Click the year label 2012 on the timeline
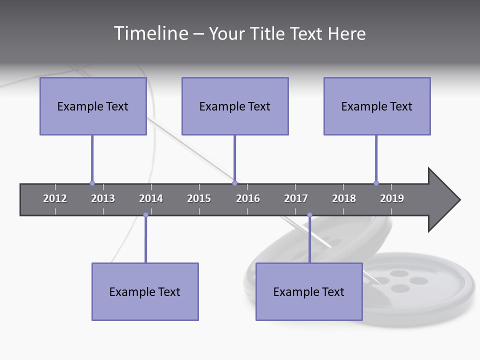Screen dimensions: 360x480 coord(55,198)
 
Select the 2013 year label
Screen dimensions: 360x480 coord(103,198)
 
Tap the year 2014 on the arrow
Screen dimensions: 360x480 coord(151,198)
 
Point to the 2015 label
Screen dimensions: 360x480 coord(199,198)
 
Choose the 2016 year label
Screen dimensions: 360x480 coord(248,198)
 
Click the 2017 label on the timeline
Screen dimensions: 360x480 coord(296,198)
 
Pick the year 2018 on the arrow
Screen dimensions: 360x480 coord(344,198)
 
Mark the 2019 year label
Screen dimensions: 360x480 coord(392,198)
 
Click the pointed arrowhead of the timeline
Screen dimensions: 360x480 coord(445,200)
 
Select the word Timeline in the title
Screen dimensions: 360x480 coord(150,33)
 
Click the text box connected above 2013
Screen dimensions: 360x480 coord(93,106)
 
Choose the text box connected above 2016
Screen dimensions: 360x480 coord(235,106)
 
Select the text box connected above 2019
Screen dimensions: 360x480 coord(377,106)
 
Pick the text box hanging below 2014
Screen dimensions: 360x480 coord(145,291)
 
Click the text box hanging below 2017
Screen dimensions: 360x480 coord(309,291)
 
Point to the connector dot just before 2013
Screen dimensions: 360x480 coord(92,183)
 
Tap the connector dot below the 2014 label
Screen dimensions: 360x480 coord(145,215)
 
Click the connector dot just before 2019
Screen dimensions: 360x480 coord(376,183)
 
